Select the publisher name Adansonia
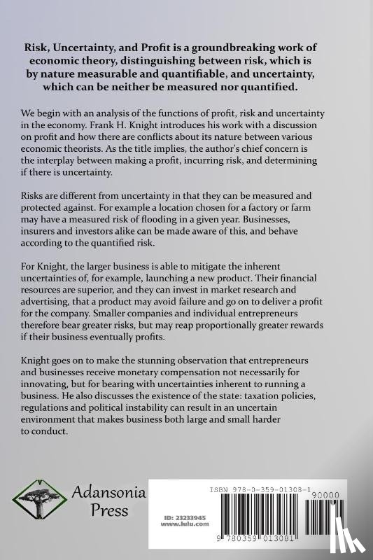coord(108,493)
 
